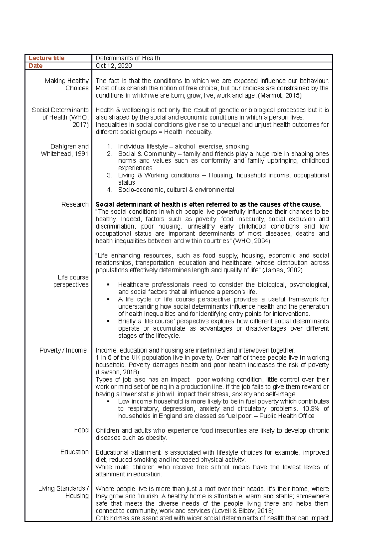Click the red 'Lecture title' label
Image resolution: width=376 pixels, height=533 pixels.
point(46,58)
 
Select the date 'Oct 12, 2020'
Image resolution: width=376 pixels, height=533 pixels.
point(113,66)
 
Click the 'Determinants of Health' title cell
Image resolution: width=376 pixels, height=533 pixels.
point(128,58)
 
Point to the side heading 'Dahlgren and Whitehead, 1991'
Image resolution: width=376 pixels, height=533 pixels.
point(65,150)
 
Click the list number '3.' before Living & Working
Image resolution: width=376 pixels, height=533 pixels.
point(109,175)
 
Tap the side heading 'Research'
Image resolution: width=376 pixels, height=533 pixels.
point(75,205)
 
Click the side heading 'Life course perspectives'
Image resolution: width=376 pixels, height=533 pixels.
point(71,281)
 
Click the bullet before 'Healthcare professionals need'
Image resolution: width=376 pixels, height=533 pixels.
point(108,285)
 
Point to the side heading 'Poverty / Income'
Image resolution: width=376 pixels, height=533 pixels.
point(63,350)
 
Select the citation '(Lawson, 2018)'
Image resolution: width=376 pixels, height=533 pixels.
point(117,372)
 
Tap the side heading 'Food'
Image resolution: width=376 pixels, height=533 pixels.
point(81,430)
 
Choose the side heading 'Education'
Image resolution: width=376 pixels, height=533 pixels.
point(74,452)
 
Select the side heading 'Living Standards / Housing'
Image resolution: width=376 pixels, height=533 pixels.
point(64,492)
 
